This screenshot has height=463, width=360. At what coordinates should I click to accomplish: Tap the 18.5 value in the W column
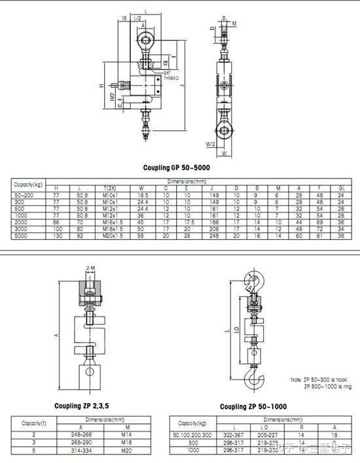pos(141,195)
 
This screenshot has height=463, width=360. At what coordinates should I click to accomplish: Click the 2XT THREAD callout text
pos(171,75)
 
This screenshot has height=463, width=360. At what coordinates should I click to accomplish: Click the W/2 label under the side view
pos(209,143)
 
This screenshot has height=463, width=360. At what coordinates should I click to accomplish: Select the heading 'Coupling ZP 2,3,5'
pos(81,405)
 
